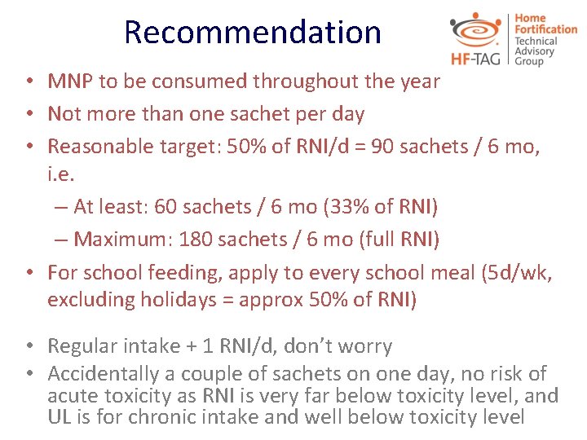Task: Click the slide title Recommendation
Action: pyautogui.click(x=253, y=33)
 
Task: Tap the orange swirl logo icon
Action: pyautogui.click(x=478, y=29)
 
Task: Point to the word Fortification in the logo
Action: pyautogui.click(x=545, y=29)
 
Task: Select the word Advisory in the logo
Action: pyautogui.click(x=535, y=51)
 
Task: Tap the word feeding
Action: pyautogui.click(x=179, y=272)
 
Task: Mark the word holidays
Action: pyautogui.click(x=180, y=299)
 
